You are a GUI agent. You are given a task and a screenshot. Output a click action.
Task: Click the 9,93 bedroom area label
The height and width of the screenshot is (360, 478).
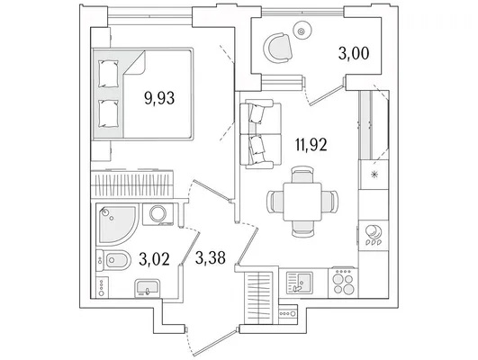[159, 98]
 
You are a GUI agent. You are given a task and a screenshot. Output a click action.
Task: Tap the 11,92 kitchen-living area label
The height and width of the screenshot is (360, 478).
[311, 145]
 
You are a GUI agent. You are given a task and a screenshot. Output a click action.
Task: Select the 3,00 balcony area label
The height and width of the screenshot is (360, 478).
[354, 53]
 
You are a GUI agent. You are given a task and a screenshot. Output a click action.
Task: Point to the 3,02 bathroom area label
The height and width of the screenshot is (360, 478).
[154, 259]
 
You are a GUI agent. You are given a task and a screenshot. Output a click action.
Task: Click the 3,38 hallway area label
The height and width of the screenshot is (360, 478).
[211, 258]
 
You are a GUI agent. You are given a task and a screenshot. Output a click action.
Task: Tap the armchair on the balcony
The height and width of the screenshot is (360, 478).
[278, 49]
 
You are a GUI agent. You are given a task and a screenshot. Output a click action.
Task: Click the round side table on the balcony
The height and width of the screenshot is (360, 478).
[302, 31]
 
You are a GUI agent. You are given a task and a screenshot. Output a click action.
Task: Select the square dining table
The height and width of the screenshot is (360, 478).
[302, 202]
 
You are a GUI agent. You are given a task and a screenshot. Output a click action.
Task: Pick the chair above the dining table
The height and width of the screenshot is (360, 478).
[302, 175]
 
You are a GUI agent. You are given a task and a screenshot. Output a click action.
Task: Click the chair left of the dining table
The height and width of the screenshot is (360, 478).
[275, 202]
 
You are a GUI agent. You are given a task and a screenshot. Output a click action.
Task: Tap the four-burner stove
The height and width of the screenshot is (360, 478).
[343, 283]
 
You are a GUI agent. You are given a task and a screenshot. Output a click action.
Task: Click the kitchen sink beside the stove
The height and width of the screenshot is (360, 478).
[299, 283]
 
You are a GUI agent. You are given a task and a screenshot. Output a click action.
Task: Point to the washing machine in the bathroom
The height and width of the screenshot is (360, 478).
[158, 214]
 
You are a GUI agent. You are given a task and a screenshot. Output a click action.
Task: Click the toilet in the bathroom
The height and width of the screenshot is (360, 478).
[113, 260]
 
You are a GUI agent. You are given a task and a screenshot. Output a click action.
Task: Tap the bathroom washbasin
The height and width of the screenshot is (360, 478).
[148, 288]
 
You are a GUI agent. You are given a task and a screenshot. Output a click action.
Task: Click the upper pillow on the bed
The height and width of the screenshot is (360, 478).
[108, 74]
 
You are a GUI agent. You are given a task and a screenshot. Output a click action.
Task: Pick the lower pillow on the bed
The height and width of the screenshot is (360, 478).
[108, 114]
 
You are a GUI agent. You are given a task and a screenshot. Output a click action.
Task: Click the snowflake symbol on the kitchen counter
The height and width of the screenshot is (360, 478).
[374, 175]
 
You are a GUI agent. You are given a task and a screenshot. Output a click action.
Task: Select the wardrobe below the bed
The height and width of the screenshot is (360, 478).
[132, 184]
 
